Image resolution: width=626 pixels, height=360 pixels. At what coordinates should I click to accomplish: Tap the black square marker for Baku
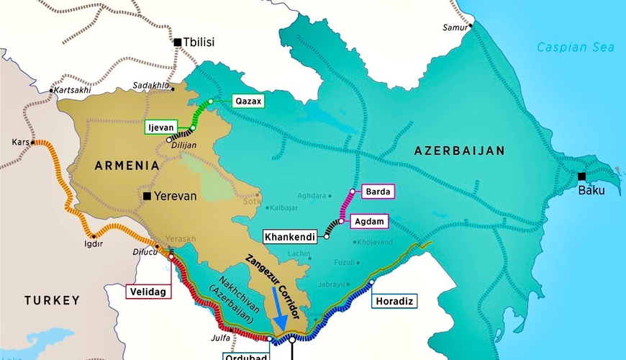(x=581, y=176)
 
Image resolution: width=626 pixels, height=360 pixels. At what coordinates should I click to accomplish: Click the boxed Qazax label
(x=248, y=102)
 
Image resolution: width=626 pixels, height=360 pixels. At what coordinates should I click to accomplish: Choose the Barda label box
(x=378, y=192)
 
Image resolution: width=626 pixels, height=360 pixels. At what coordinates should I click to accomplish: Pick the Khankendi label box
(x=289, y=236)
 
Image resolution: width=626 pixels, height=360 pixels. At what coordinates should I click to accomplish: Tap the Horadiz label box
(x=394, y=300)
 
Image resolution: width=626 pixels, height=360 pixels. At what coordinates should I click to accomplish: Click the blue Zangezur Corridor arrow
(x=280, y=313)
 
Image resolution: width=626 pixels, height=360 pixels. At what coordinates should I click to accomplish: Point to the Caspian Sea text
(x=576, y=48)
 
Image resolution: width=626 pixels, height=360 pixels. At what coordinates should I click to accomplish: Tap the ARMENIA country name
(x=126, y=166)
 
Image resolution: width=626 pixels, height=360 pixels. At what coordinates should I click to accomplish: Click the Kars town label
(x=21, y=143)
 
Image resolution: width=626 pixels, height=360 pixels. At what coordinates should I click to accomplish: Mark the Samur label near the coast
(x=455, y=28)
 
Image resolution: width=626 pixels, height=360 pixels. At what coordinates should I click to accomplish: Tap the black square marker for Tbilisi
(x=177, y=42)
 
